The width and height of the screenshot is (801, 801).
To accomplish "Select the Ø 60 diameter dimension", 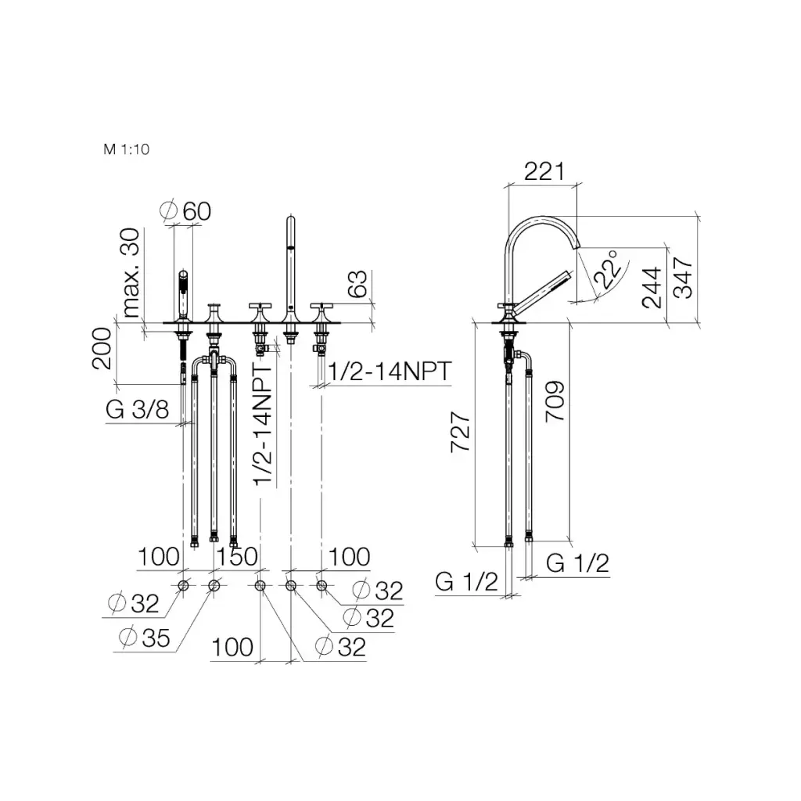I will click(187, 210).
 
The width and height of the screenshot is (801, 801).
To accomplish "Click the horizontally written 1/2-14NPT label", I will click(389, 372).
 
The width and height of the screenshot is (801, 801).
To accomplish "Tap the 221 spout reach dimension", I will click(544, 171).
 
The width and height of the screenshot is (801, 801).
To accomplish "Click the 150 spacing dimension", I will click(237, 557).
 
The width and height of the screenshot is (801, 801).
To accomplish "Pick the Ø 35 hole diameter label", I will click(145, 638).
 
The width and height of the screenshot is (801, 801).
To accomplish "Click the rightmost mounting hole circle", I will click(321, 586).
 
